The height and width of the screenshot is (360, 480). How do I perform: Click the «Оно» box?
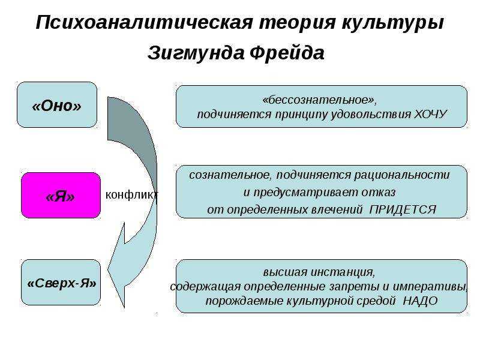coord(57,104)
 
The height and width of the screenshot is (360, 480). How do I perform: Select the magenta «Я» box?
coord(61,196)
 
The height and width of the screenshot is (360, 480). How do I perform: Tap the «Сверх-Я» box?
coord(61,283)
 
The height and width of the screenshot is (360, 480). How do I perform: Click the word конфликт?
coord(132,194)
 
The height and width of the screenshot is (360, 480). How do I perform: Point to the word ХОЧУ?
coord(430,114)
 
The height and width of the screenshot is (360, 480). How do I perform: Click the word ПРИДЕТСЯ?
coord(403,209)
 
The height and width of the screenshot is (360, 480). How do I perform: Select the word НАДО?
coord(420,301)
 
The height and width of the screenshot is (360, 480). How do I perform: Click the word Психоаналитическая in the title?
coord(145,22)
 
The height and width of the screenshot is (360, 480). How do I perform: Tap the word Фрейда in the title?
coord(287,53)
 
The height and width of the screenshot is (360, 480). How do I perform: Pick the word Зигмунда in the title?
coord(196,53)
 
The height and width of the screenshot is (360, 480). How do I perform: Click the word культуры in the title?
coord(393,23)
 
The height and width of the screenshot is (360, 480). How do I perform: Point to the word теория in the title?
coord(297,23)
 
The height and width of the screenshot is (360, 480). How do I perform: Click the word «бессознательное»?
coord(318,100)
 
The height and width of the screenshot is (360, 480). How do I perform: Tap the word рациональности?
coord(402,175)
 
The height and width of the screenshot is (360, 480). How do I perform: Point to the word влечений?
coord(337,209)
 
